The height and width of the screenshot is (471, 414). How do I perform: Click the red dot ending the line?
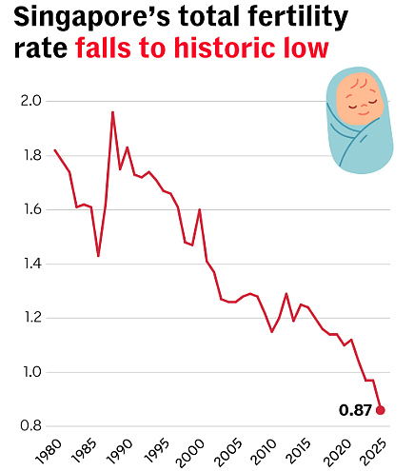coord(381,410)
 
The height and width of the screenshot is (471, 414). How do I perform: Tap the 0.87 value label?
coord(355,410)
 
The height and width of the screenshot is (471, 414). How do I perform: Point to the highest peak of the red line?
coord(112,112)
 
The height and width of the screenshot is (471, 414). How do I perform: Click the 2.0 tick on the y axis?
coord(30,101)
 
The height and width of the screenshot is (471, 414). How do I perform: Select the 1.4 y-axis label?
coord(32,264)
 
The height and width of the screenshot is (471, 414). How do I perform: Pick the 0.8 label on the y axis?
coord(30,426)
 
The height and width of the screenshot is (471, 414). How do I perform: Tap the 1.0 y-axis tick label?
coord(32,372)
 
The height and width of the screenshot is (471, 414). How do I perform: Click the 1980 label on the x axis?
coord(49,452)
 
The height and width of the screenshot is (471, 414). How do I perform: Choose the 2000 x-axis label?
coord(189,453)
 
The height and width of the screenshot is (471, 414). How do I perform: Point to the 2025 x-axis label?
coord(375,452)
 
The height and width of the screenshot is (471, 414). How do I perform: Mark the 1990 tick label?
coord(119,452)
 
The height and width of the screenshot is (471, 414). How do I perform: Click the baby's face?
coord(360,98)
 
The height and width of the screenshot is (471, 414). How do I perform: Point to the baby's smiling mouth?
coord(363,112)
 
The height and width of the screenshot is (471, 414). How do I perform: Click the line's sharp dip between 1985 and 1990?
coord(98,256)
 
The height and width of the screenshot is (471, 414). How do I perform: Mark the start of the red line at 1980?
coord(54,150)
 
